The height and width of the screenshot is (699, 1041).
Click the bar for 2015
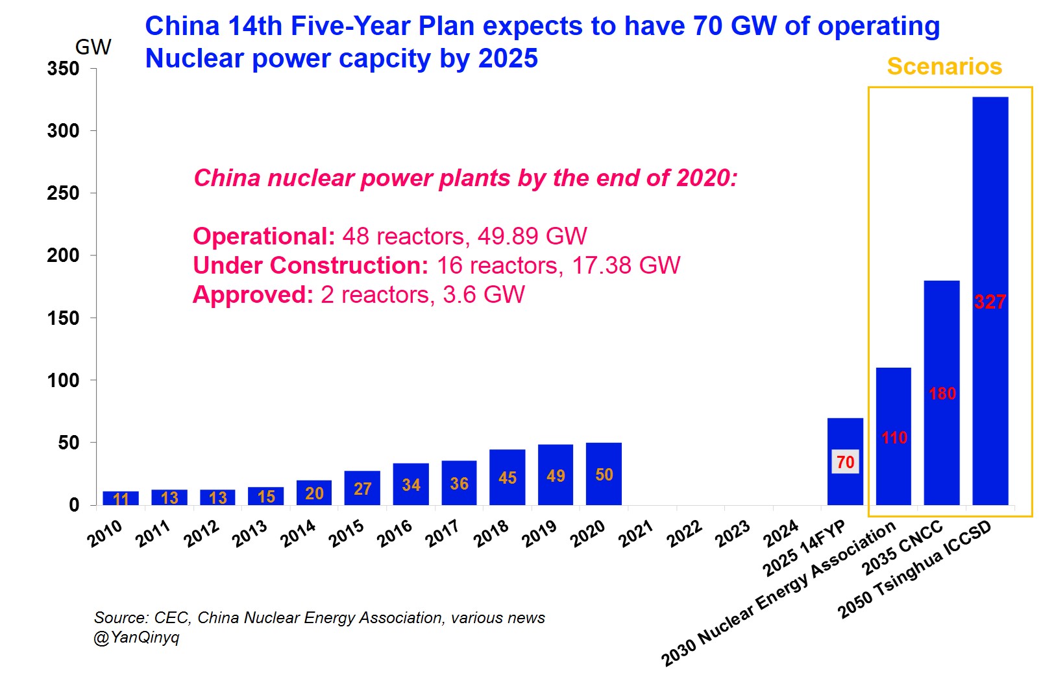[x=362, y=488]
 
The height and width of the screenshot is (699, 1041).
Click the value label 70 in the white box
[x=845, y=462]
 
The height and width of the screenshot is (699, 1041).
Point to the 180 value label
[x=942, y=394]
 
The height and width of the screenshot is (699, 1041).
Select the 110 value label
[x=894, y=438]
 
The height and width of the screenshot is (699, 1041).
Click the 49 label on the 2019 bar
[x=556, y=476]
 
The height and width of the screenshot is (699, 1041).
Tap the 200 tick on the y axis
[x=63, y=255]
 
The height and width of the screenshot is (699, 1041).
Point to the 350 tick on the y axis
[x=63, y=69]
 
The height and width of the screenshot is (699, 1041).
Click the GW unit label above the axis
[x=93, y=47]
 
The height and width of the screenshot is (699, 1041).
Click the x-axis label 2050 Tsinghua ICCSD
[x=914, y=569]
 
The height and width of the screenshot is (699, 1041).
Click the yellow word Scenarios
[x=944, y=66]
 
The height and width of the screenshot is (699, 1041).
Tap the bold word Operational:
[x=263, y=236]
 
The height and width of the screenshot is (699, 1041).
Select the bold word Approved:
[x=253, y=294]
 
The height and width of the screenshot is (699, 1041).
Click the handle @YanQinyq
[x=136, y=637]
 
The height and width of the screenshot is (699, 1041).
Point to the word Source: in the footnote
[x=121, y=618]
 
